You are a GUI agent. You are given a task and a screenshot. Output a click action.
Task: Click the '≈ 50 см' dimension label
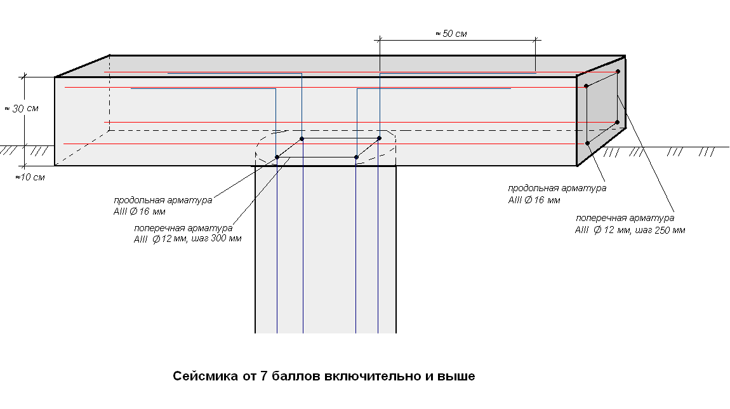[x=451, y=34]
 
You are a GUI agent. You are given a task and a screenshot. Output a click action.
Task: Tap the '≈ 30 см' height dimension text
[x=22, y=109]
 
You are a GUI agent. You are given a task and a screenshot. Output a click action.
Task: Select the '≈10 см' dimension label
[x=30, y=177]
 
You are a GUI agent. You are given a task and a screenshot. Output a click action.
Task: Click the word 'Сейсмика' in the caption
[x=205, y=376]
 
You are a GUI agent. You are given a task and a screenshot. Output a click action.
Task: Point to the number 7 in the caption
[x=263, y=376]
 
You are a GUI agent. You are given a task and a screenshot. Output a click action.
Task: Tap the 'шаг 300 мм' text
[x=216, y=239]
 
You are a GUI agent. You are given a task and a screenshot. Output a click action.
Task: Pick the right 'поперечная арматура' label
[x=625, y=218]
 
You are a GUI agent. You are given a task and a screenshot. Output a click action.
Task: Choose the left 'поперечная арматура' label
[x=183, y=228]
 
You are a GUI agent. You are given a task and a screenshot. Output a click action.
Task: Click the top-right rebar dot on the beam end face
[x=618, y=71]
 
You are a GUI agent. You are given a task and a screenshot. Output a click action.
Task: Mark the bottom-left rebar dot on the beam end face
[x=588, y=143]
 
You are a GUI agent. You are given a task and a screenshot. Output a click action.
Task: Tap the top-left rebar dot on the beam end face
[x=586, y=86]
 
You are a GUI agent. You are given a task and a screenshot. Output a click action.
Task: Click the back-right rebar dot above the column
[x=380, y=138]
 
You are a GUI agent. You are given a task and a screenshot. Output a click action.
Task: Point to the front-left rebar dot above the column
[x=277, y=157]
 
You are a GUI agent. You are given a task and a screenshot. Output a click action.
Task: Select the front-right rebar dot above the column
[x=357, y=157]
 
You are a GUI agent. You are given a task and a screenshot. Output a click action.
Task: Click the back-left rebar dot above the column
[x=302, y=138]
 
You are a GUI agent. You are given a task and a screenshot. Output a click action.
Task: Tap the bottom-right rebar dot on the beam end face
[x=618, y=122]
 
